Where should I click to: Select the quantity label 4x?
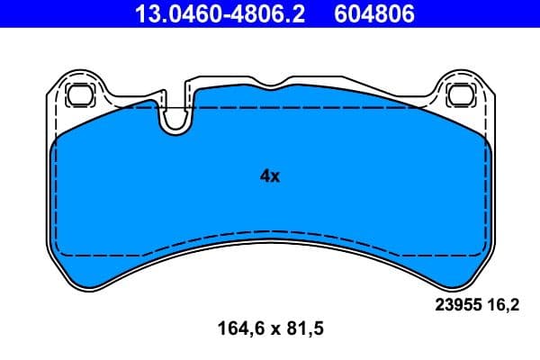270,176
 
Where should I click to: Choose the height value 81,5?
303,329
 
